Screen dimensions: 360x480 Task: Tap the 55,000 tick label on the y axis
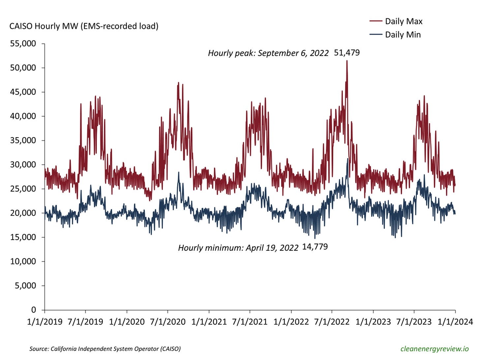coord(23,44)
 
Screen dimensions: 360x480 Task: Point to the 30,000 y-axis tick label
coord(23,165)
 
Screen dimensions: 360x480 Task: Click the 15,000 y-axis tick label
coord(23,237)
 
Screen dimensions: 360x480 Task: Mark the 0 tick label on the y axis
coord(33,310)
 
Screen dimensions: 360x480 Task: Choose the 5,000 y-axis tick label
coord(25,285)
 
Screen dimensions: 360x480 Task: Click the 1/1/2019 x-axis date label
coord(45,321)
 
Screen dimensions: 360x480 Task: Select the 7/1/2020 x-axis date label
coord(168,321)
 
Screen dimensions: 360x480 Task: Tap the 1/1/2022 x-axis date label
coord(291,321)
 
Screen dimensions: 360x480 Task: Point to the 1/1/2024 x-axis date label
coord(455,321)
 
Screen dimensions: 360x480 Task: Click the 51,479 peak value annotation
coord(347,53)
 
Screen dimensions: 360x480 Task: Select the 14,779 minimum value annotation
coord(315,247)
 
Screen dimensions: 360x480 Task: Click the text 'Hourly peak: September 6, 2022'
coord(268,53)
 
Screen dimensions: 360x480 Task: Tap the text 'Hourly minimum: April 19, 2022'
coord(238,248)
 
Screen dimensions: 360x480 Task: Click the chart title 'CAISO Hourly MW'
coord(84,26)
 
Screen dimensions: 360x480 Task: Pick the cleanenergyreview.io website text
coord(435,348)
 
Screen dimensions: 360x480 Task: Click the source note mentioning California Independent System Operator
coord(105,348)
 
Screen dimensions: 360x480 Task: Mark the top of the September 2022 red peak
coord(347,61)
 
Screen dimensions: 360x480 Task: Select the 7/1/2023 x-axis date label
coord(414,321)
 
